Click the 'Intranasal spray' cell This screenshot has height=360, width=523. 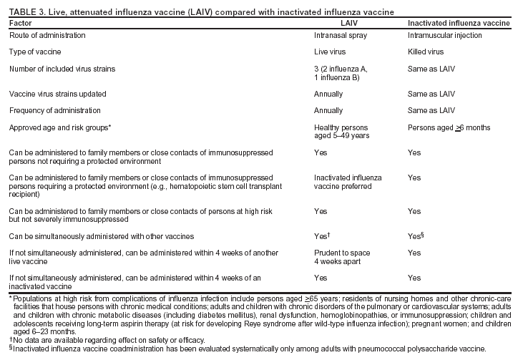338,35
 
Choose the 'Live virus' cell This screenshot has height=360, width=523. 330,52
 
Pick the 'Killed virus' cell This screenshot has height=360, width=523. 425,52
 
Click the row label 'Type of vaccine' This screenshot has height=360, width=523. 36,52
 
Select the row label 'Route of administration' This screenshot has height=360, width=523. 47,35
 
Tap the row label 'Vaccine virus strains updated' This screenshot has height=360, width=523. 58,94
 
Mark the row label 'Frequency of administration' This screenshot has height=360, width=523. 54,110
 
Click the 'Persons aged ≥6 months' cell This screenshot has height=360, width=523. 449,127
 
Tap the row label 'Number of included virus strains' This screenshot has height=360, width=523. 62,69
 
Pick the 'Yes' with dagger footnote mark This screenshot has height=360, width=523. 323,235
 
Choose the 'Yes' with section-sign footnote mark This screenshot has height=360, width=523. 416,235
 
